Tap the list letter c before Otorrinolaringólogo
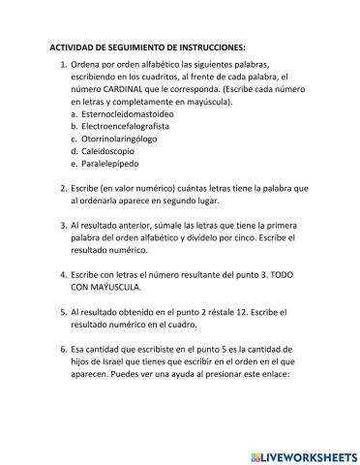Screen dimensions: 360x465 [75, 139]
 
